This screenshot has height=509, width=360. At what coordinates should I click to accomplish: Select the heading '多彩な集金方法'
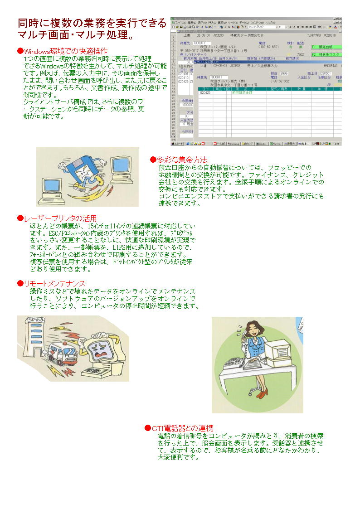pyautogui.click(x=182, y=160)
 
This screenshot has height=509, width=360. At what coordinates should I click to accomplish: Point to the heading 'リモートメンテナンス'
pyautogui.click(x=54, y=284)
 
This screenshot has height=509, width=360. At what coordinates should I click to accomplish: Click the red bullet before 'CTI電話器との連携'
pyautogui.click(x=147, y=428)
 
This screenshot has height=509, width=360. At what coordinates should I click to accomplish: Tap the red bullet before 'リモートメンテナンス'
pyautogui.click(x=20, y=284)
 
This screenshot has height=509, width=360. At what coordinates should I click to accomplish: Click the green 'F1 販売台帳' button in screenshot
pyautogui.click(x=325, y=47)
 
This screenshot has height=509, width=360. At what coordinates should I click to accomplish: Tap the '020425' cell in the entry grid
pyautogui.click(x=205, y=92)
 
